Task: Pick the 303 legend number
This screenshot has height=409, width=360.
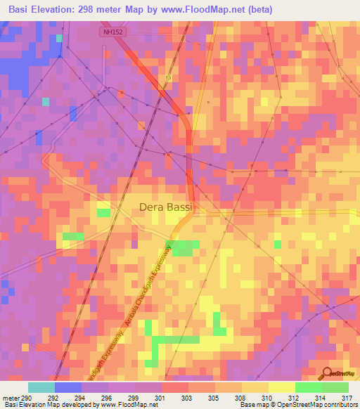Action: pyautogui.click(x=188, y=397)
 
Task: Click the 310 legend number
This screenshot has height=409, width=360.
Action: pyautogui.click(x=268, y=397)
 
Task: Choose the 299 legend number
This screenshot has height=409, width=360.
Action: pyautogui.click(x=134, y=397)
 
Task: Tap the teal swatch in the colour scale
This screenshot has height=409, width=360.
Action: pyautogui.click(x=41, y=387)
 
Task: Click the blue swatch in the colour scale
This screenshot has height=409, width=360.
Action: pyautogui.click(x=68, y=387)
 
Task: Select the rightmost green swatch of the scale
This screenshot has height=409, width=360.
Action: pyautogui.click(x=335, y=387)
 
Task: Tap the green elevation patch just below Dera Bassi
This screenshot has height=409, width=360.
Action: pyautogui.click(x=186, y=247)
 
